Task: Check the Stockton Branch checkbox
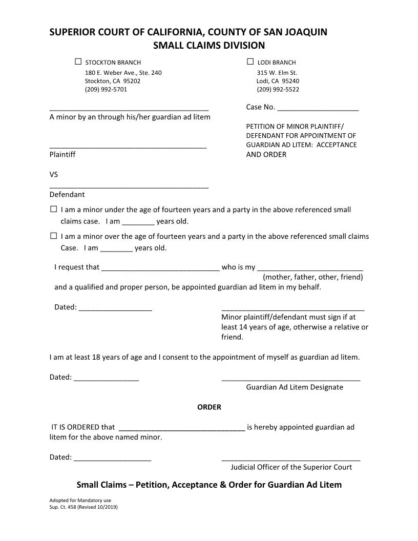click(78, 62)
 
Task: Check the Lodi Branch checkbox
click(250, 62)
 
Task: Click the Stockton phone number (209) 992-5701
click(106, 90)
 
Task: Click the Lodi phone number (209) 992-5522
click(278, 90)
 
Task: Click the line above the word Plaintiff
click(128, 147)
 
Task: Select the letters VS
click(54, 175)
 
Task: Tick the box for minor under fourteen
click(54, 210)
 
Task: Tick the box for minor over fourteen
click(54, 236)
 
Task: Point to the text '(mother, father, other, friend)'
click(313, 277)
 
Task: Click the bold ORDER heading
click(209, 407)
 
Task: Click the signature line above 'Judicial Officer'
click(290, 460)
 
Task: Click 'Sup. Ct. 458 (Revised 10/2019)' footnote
click(83, 507)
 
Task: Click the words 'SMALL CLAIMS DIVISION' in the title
click(209, 46)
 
